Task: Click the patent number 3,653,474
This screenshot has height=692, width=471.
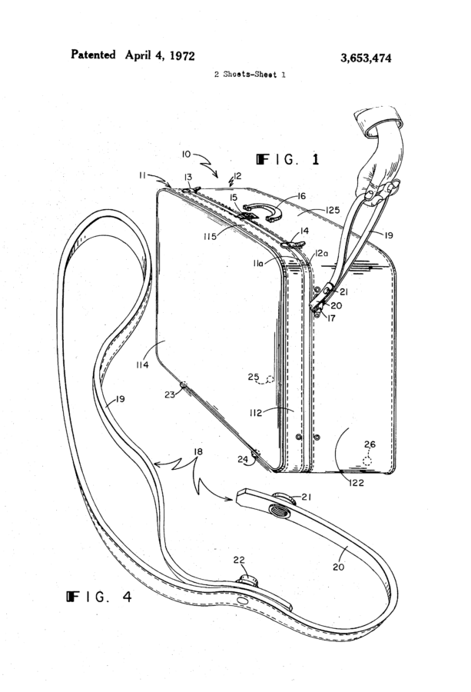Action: [366, 58]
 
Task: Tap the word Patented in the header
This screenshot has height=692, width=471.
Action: [93, 55]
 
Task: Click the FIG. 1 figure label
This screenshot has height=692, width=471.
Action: [287, 159]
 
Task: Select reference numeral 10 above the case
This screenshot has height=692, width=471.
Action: [187, 154]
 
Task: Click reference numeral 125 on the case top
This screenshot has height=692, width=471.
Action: [333, 210]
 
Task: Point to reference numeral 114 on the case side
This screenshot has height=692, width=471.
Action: [142, 364]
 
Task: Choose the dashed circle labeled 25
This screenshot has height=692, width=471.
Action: [269, 379]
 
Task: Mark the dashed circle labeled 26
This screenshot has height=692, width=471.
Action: [367, 461]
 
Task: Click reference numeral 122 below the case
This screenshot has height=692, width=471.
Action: [356, 482]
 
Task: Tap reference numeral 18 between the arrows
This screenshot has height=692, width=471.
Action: [198, 451]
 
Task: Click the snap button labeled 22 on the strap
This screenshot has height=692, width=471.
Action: [247, 581]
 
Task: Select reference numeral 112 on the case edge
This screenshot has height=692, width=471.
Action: [256, 413]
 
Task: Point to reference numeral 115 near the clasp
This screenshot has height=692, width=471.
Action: [210, 237]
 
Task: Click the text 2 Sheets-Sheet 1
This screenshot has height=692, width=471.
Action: [250, 75]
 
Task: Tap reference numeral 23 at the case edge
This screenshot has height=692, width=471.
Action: [170, 394]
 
